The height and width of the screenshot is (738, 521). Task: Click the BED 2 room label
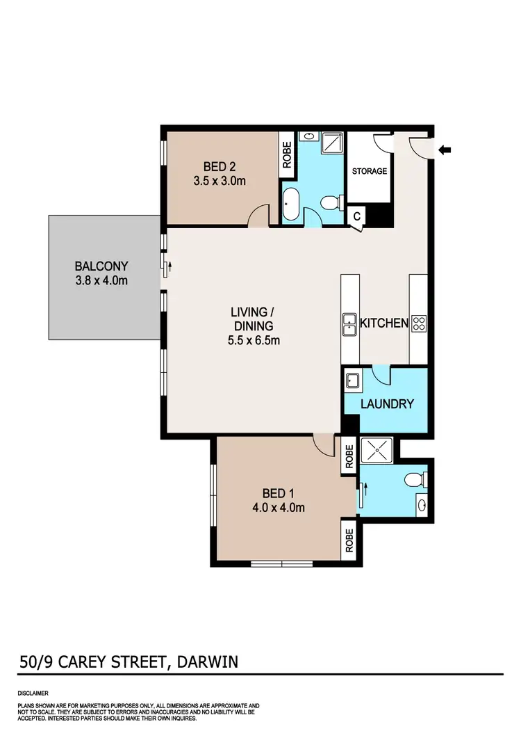coord(220,166)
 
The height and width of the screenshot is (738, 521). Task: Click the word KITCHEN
coord(383,323)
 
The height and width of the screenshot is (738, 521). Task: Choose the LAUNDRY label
coord(388,404)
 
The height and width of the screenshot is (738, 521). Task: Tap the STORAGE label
coord(369,171)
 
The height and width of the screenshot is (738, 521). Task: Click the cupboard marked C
coord(356,216)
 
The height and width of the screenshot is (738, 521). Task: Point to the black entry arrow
coord(445,149)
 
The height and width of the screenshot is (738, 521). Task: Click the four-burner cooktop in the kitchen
coord(419,322)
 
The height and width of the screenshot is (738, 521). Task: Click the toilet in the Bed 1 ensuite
coord(415,479)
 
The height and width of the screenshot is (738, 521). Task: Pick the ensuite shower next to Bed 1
coord(376,449)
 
